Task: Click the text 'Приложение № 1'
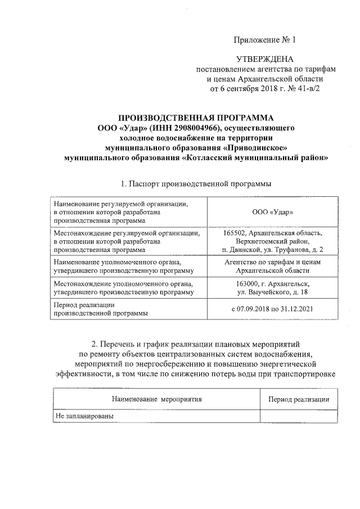[x=264, y=40]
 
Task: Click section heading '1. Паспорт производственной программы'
[x=196, y=184]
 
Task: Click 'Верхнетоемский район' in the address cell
[x=273, y=241]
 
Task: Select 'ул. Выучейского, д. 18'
[x=273, y=293]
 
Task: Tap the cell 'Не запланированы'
[x=84, y=416]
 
